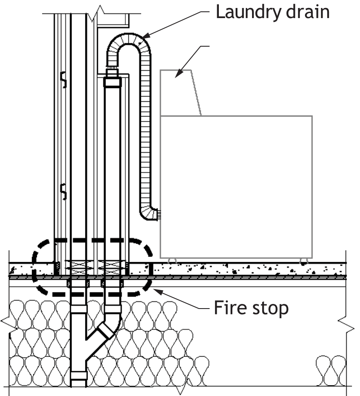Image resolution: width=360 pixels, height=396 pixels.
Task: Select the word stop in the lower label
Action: click(270, 309)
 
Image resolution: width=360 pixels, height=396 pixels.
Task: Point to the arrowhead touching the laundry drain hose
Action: click(146, 36)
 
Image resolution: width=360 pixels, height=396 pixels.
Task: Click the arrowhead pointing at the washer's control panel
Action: click(179, 74)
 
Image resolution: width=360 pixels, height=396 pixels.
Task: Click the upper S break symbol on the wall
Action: click(64, 79)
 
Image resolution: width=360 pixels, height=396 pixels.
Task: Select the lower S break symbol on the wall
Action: click(64, 192)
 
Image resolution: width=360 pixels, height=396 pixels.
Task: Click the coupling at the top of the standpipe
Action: click(113, 82)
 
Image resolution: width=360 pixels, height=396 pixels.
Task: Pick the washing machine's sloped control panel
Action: click(180, 92)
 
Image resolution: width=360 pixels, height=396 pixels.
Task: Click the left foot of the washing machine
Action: click(172, 261)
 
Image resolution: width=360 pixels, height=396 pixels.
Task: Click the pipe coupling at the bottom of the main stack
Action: click(79, 375)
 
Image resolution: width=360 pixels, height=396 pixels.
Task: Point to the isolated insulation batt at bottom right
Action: click(331, 370)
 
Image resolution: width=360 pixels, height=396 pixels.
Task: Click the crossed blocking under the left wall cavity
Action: click(76, 268)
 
